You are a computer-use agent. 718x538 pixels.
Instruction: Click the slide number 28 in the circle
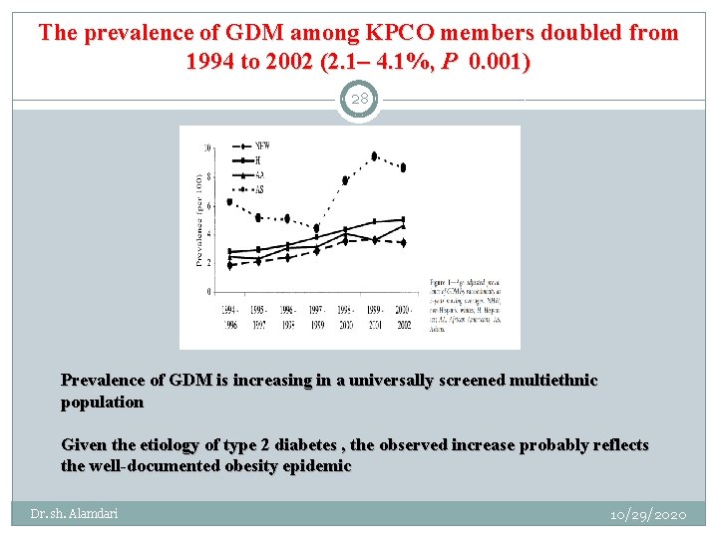[359, 99]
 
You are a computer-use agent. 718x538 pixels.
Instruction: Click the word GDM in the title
[244, 33]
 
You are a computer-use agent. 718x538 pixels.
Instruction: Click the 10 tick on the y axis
[206, 147]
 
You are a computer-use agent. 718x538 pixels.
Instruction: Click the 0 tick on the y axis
[208, 292]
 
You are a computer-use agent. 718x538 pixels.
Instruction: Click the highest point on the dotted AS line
[374, 155]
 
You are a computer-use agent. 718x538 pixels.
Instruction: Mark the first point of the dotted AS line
[230, 202]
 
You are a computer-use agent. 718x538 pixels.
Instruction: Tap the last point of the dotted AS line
[403, 167]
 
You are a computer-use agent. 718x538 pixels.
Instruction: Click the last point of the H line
[403, 219]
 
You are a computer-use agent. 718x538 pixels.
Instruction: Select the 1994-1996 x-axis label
[230, 317]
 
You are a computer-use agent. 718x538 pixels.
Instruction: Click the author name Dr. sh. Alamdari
[74, 514]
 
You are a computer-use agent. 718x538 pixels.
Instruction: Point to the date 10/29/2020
[648, 514]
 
